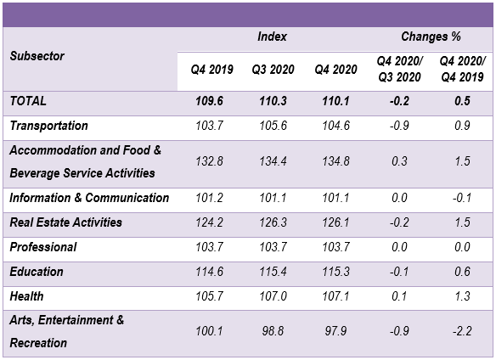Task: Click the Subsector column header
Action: tap(37, 56)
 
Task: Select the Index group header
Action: tap(272, 37)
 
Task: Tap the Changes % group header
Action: tap(431, 37)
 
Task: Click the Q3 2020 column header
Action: tap(273, 70)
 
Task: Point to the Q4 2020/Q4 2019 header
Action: tap(462, 69)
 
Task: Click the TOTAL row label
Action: tap(28, 101)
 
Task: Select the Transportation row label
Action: tap(48, 126)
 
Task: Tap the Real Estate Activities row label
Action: tap(65, 222)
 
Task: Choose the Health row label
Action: tap(26, 296)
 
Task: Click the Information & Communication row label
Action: tap(89, 198)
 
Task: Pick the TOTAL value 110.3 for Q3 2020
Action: tap(273, 101)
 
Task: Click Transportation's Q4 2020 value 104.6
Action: tap(336, 126)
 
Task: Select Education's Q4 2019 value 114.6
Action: tap(210, 272)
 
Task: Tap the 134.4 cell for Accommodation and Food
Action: tap(273, 161)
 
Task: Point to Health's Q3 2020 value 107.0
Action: tap(273, 296)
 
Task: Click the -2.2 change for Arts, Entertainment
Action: tap(462, 331)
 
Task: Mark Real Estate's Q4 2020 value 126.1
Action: tap(336, 222)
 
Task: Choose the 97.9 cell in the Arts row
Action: tap(336, 331)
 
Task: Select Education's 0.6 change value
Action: tap(462, 272)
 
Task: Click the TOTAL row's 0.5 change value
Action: tap(462, 101)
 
